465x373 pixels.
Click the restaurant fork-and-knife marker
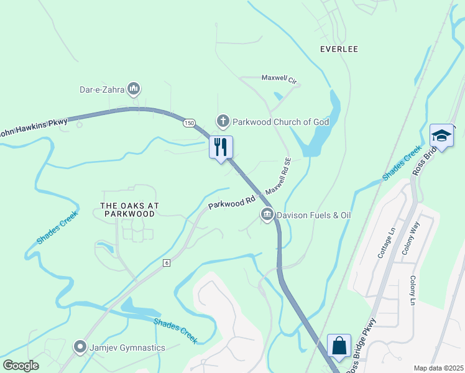coord(221,148)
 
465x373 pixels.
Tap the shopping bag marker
coord(339,346)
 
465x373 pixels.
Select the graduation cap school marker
coord(441,136)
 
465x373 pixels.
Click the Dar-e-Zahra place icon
coord(133,90)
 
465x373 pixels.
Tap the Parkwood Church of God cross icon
coord(223,121)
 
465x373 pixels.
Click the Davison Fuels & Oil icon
coord(267,215)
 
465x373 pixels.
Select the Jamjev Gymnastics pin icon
coord(80,347)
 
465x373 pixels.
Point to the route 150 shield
coord(189,124)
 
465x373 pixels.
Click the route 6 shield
coord(166,263)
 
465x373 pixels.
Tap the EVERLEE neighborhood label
coord(339,49)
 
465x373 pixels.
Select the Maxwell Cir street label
coord(280,80)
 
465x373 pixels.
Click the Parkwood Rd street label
coord(232,203)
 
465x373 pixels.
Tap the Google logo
coord(21,365)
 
